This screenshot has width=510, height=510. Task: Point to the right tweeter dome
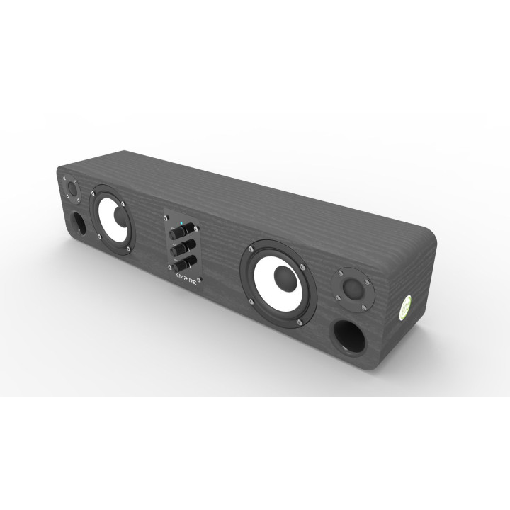[x=353, y=288]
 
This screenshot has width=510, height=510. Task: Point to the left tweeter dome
[x=71, y=191]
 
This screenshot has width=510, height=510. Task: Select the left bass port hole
[x=80, y=222]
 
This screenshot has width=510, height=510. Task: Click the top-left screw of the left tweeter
[x=64, y=178]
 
